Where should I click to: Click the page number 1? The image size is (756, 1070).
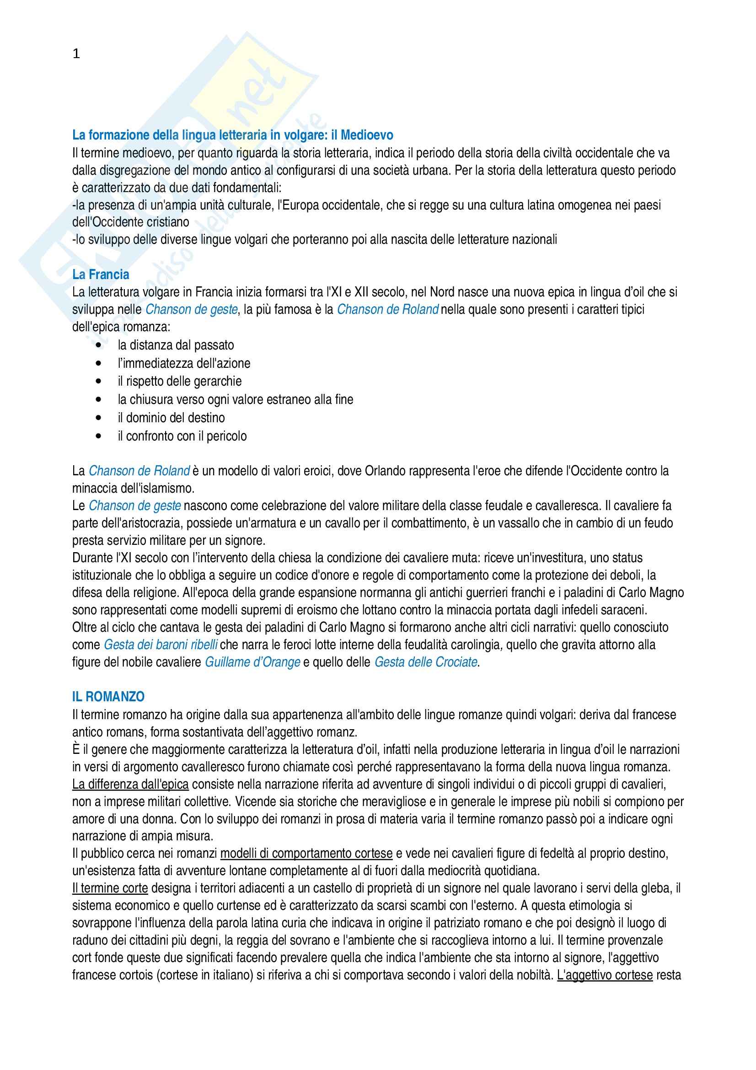pyautogui.click(x=76, y=54)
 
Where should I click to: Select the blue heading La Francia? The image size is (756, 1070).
pyautogui.click(x=101, y=274)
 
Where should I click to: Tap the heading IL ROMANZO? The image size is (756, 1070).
pyautogui.click(x=108, y=697)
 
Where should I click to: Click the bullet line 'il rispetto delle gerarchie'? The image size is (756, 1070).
pyautogui.click(x=179, y=381)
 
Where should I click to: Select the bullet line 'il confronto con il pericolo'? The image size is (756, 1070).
pyautogui.click(x=182, y=436)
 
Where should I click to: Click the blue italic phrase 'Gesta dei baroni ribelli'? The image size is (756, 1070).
pyautogui.click(x=161, y=645)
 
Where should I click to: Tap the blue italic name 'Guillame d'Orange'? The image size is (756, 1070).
pyautogui.click(x=252, y=662)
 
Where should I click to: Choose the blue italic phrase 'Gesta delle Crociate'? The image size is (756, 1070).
pyautogui.click(x=426, y=662)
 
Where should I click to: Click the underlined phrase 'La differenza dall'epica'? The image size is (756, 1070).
pyautogui.click(x=130, y=785)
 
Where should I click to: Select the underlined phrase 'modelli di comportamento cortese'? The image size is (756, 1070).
pyautogui.click(x=306, y=854)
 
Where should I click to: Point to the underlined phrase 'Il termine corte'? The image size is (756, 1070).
pyautogui.click(x=110, y=888)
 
